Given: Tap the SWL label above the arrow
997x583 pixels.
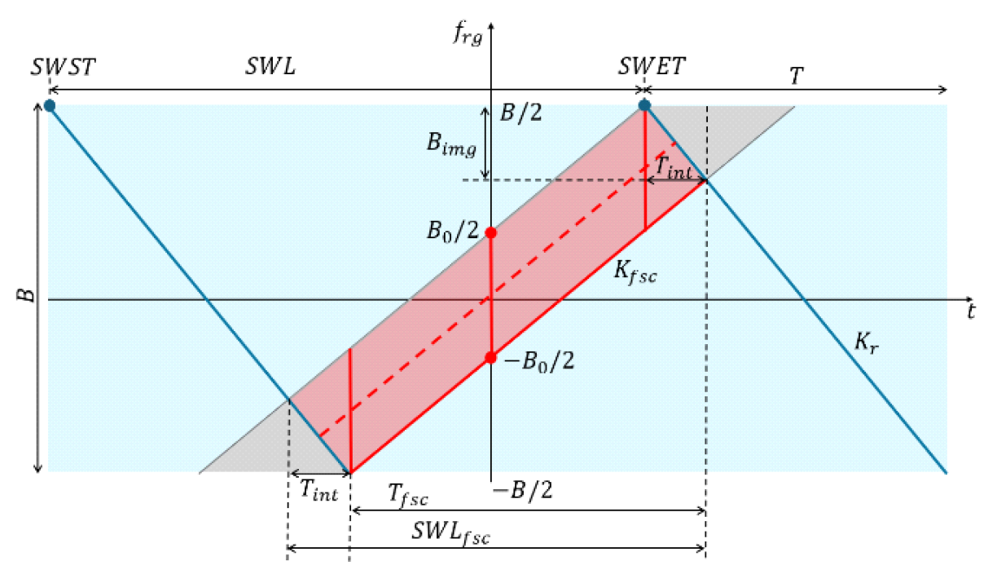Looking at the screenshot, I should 270,68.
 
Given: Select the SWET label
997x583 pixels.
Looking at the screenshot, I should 651,68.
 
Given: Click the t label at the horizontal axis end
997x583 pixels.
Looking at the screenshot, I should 971,310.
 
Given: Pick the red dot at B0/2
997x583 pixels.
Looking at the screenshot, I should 490,232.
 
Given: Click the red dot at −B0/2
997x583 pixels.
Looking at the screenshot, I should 490,358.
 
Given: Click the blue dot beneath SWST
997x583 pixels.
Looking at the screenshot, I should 50,105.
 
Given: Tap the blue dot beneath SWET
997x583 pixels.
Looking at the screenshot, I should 644,105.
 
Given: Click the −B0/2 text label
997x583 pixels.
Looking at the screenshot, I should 540,360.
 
